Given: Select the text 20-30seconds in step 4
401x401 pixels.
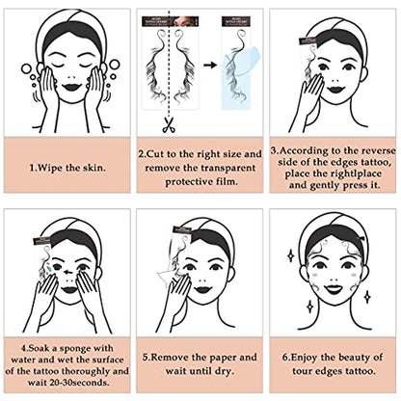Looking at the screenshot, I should (66, 381).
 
